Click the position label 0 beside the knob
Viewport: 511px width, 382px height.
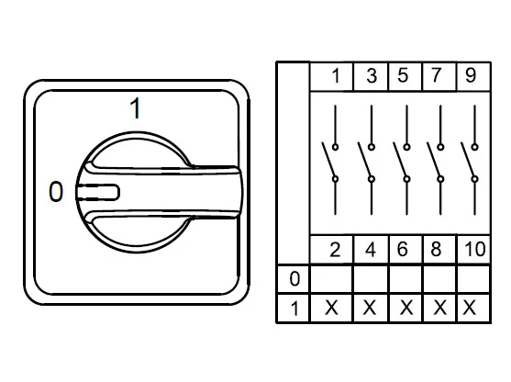pos(56,192)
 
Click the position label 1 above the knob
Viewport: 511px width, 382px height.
pos(135,108)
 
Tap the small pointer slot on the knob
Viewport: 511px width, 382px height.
pos(98,192)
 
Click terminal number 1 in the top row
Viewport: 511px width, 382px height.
pos(336,75)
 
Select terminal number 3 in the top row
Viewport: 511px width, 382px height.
pos(372,75)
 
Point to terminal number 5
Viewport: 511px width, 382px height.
pos(403,75)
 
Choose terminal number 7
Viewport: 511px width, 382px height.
pos(436,75)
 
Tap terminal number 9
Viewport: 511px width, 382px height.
pos(471,75)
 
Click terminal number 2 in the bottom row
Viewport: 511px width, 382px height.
pos(336,250)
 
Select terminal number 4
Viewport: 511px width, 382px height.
pos(371,250)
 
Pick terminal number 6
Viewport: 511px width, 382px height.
pos(403,250)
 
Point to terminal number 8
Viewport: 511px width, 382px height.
pos(436,250)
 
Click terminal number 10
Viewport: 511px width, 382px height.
pos(475,250)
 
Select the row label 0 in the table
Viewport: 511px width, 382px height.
pos(294,279)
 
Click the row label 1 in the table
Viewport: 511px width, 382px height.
pos(294,309)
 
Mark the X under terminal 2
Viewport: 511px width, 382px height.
pos(331,308)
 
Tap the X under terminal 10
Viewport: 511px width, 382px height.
pos(469,308)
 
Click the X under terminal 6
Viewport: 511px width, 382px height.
pos(406,308)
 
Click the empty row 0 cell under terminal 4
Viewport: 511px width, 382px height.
pos(371,279)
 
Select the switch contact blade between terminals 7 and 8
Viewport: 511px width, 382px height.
pos(434,160)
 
